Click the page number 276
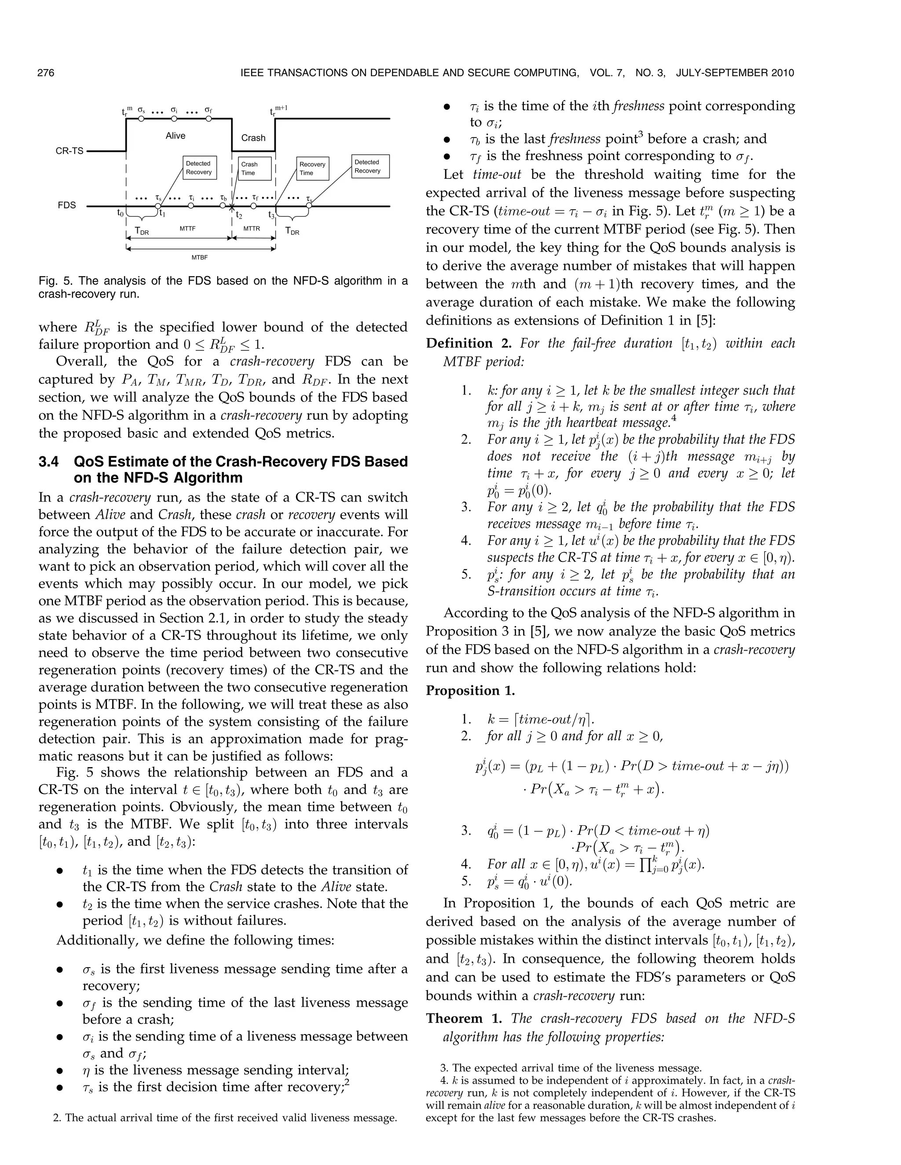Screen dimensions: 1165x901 pyautogui.click(x=46, y=73)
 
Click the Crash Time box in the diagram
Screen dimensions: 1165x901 pyautogui.click(x=255, y=168)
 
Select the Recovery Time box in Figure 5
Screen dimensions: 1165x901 pyautogui.click(x=312, y=168)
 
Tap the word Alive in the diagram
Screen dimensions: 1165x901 pyautogui.click(x=175, y=136)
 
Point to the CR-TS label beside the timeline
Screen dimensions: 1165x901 pyautogui.click(x=70, y=151)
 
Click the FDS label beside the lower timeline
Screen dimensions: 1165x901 pyautogui.click(x=67, y=205)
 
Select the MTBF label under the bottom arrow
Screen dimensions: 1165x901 pyautogui.click(x=199, y=257)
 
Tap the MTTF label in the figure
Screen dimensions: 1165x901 pyautogui.click(x=187, y=228)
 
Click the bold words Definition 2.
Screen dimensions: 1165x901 pyautogui.click(x=459, y=343)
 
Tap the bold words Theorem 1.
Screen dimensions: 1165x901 pyautogui.click(x=464, y=1018)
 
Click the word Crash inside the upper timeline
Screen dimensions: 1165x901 pyautogui.click(x=253, y=138)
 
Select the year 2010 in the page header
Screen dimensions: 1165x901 pyautogui.click(x=781, y=73)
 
